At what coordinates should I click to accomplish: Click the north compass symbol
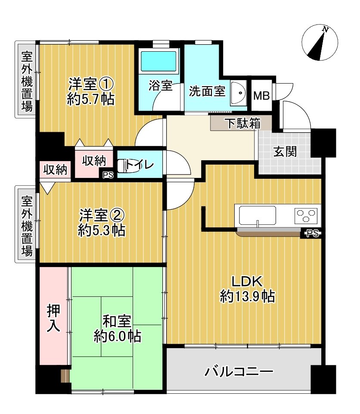(x=320, y=43)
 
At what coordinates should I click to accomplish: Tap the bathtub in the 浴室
(x=159, y=61)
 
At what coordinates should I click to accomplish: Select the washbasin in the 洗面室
(x=238, y=92)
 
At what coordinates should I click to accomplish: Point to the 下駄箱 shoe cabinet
(x=242, y=123)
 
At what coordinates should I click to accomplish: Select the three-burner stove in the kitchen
(x=306, y=215)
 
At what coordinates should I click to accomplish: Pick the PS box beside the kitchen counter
(x=312, y=234)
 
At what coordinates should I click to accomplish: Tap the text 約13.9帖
(x=247, y=296)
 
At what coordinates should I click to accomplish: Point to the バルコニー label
(x=239, y=371)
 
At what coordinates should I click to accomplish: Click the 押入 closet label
(x=53, y=319)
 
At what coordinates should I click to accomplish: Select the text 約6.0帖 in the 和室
(x=118, y=336)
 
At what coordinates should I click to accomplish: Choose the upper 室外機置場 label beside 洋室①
(x=27, y=82)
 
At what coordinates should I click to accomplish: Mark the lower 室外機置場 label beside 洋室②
(x=27, y=226)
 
